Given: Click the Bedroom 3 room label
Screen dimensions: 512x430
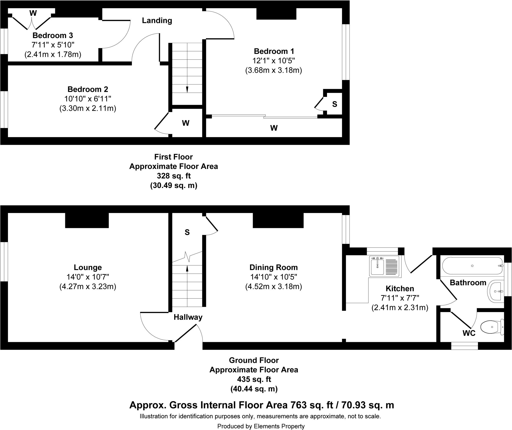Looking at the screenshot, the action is click(53, 35).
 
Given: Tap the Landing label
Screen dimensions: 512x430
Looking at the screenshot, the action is click(157, 21).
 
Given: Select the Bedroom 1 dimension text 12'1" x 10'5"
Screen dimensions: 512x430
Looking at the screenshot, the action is click(273, 61).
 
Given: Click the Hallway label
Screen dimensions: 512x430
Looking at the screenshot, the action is click(188, 317).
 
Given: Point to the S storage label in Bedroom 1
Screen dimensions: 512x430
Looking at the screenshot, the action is click(334, 104).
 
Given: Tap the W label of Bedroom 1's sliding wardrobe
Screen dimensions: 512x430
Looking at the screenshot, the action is click(274, 128).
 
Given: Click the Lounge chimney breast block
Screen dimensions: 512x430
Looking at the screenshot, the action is click(87, 220).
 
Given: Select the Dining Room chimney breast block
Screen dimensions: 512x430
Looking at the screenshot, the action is click(278, 220).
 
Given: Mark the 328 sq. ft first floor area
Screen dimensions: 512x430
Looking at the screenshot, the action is click(173, 176).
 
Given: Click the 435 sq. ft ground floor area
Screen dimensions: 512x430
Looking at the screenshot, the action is click(254, 379).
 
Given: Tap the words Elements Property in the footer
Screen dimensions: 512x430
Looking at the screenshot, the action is click(279, 426).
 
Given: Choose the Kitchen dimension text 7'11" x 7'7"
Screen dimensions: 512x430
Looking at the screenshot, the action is click(400, 298).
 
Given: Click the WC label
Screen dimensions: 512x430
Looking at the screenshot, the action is click(469, 333).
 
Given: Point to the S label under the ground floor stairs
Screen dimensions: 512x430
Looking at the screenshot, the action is click(187, 233).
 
